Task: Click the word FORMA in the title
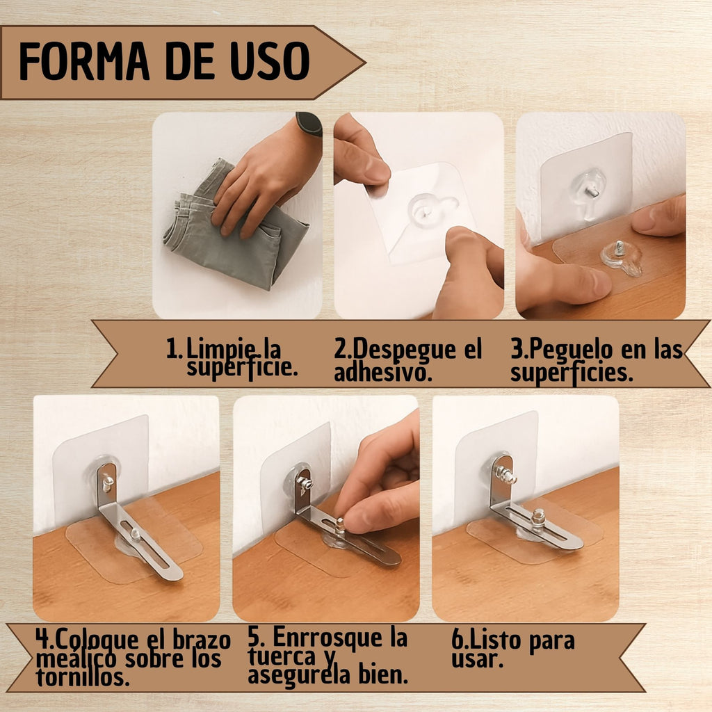tap(84, 61)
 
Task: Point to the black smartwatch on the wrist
tap(309, 124)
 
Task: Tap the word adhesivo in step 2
tap(383, 373)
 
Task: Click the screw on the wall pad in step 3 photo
tap(592, 192)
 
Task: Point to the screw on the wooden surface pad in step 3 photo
tap(619, 249)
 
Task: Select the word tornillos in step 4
tap(83, 677)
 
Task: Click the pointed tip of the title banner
tap(364, 63)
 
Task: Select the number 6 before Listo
tap(458, 640)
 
